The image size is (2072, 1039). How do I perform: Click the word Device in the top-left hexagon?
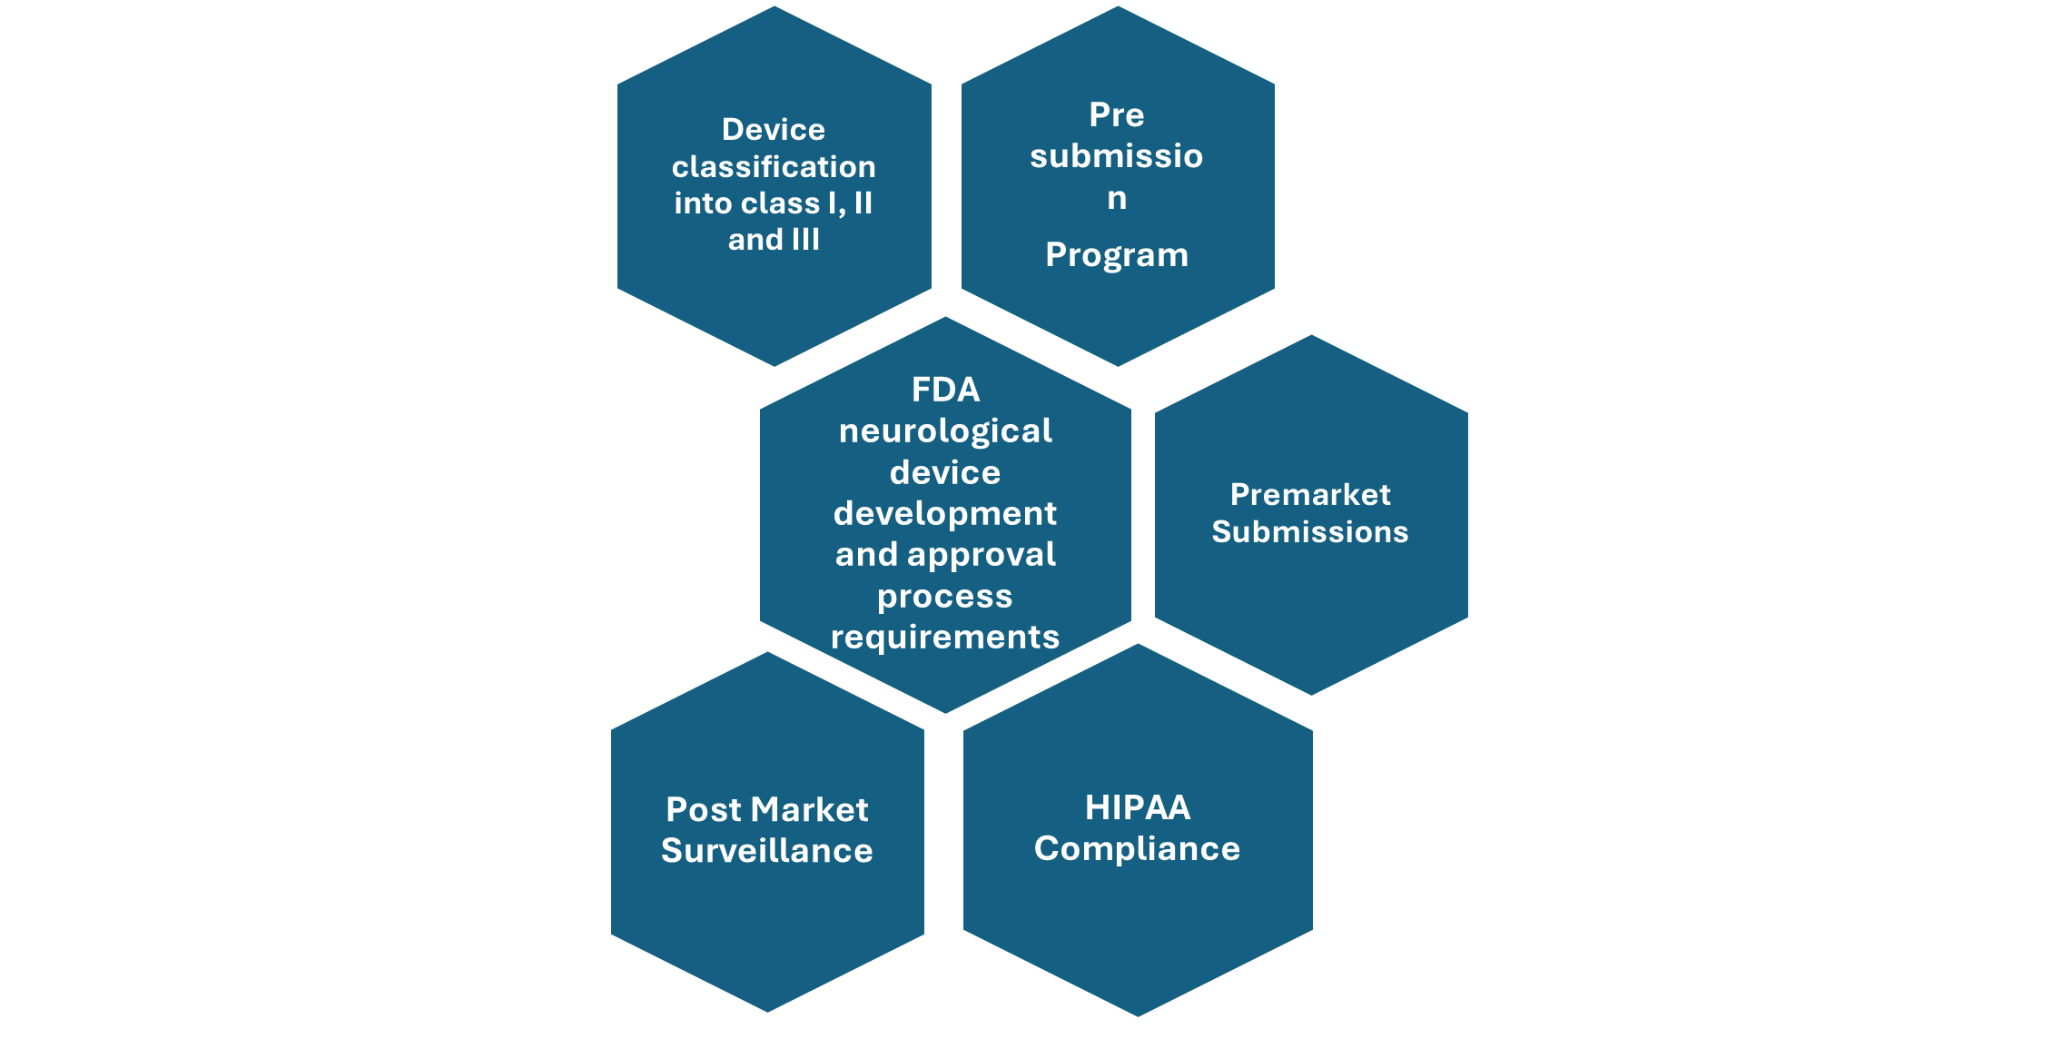coord(773,130)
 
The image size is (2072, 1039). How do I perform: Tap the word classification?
coord(774,167)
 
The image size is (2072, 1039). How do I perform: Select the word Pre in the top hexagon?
coord(1117,115)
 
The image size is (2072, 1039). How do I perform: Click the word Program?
coord(1117,255)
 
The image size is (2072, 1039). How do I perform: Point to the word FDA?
coord(945,390)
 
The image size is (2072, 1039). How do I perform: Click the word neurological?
coord(945,430)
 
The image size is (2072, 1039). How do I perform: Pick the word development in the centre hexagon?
coord(945,513)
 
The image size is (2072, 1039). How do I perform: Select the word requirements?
coord(945,637)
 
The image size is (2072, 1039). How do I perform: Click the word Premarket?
coord(1310,494)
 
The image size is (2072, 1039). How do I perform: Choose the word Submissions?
coord(1310,531)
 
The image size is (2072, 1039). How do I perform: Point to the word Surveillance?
coord(767,850)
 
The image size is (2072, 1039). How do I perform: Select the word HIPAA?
coord(1137,807)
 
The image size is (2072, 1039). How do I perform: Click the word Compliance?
coord(1137,848)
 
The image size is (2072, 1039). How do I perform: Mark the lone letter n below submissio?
coord(1117,198)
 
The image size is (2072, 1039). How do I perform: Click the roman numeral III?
coord(805,240)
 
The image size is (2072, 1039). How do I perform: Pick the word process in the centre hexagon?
coord(944,597)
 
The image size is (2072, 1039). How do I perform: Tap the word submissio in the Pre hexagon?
coord(1117,156)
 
